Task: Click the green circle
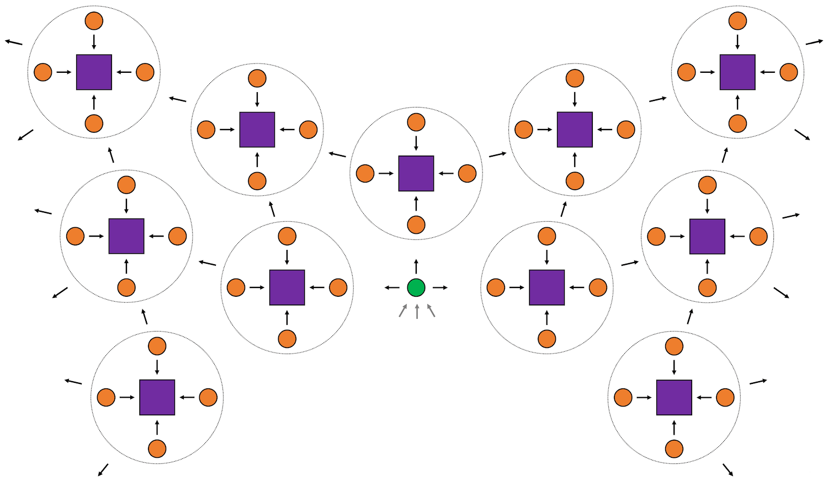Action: point(416,287)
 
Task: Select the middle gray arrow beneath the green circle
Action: point(417,311)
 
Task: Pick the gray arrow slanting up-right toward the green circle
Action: point(403,311)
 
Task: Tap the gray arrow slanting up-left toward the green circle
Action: point(431,311)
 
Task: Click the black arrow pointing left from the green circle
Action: point(392,287)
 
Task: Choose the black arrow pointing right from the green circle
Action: point(440,287)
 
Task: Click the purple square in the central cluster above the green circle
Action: point(416,173)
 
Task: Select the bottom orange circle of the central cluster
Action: point(416,225)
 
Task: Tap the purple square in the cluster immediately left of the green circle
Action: point(287,287)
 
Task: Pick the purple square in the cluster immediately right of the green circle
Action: point(547,287)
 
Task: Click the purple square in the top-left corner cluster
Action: point(94,72)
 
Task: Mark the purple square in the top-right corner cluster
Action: point(737,72)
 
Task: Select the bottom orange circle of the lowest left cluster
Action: point(157,449)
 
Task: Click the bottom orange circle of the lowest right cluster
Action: point(674,449)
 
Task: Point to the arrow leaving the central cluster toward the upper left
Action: point(337,154)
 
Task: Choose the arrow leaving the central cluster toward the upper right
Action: point(497,154)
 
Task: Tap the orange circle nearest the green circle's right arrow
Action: point(496,287)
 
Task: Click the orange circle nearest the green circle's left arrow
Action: point(338,287)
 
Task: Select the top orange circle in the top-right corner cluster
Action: point(737,21)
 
